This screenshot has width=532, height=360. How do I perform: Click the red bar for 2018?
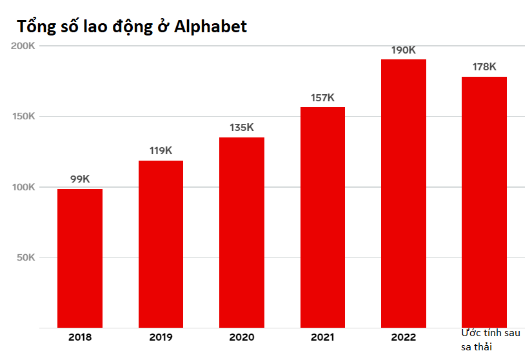[x=80, y=258]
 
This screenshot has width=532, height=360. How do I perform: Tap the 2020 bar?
[x=242, y=232]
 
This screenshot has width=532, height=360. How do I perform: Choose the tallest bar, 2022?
[x=404, y=194]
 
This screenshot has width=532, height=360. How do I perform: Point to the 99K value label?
[x=80, y=179]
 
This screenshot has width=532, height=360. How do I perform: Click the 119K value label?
[x=161, y=151]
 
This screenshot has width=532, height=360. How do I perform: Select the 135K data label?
[x=242, y=128]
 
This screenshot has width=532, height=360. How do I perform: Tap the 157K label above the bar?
[x=322, y=97]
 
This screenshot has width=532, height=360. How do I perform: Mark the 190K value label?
[x=404, y=50]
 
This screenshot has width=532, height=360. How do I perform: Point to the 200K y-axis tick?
[x=23, y=46]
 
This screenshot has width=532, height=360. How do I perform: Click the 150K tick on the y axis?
[x=23, y=117]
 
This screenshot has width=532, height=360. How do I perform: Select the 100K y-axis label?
[x=23, y=187]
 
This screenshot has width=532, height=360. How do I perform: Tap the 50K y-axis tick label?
[x=26, y=258]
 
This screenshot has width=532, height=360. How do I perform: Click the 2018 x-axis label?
[x=80, y=337]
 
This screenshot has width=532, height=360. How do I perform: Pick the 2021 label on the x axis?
[x=322, y=337]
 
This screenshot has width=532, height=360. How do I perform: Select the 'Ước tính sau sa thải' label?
[x=490, y=340]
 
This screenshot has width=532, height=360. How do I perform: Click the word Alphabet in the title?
[x=212, y=27]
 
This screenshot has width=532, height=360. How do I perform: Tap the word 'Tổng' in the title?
[x=36, y=27]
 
